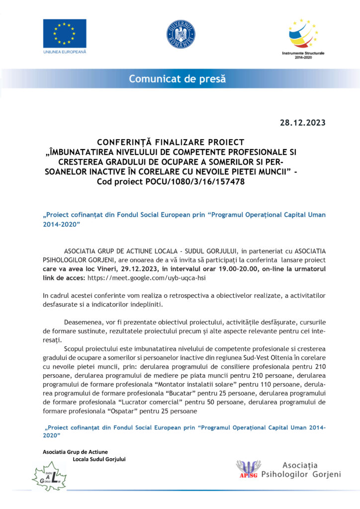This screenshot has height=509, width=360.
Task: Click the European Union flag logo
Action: pos(64,33)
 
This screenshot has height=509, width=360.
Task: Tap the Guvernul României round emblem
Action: pos(180,35)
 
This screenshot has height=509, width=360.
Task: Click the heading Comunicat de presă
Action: pos(178,79)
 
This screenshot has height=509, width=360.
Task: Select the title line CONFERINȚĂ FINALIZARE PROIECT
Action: pos(177,142)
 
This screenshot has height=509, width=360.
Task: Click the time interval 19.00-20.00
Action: pos(224,269)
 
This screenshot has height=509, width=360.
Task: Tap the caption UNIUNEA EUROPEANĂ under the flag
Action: pos(64,52)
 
